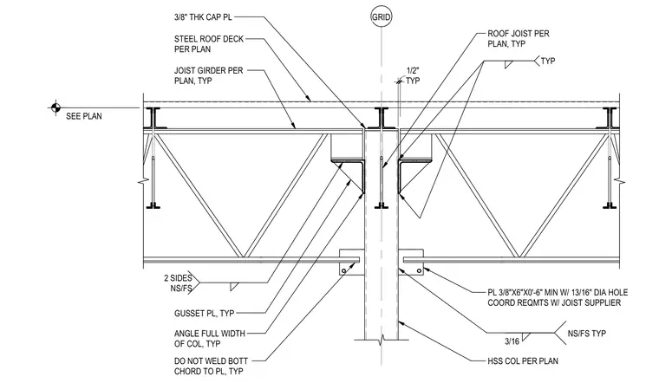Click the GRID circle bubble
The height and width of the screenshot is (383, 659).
point(382,17)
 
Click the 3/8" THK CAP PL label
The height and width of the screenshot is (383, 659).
point(203,17)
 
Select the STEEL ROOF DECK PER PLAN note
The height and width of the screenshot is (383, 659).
point(209,43)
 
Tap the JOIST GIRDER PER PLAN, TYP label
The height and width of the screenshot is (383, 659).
point(208,75)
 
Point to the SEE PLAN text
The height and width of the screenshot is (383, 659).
point(84,116)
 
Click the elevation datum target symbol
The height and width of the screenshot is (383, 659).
point(55,108)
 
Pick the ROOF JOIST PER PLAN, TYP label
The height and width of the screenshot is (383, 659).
point(519,38)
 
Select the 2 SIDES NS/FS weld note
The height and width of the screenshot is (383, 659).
point(179,283)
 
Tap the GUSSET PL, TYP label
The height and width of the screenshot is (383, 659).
point(205,314)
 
